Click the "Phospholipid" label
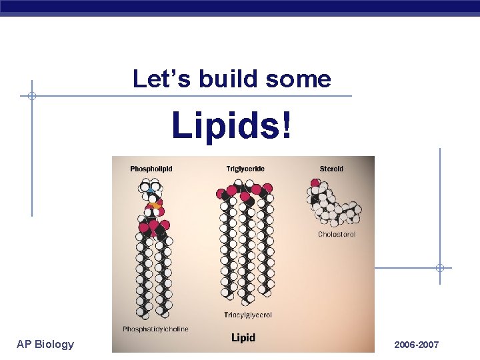click(151, 169)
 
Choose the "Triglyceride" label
click(245, 169)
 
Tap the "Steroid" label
click(331, 169)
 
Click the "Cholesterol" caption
click(337, 235)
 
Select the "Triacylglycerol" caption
click(248, 315)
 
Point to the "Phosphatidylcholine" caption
click(155, 329)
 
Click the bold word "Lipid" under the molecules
click(243, 338)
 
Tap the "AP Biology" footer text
click(45, 344)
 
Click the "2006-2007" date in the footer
click(417, 345)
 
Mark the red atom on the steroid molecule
click(315, 183)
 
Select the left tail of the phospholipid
click(142, 273)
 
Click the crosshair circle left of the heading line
click(31, 96)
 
